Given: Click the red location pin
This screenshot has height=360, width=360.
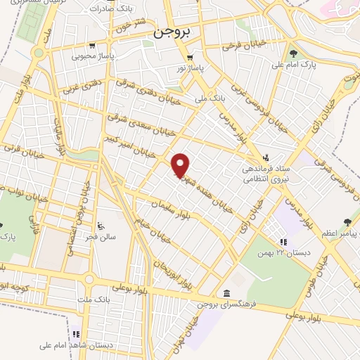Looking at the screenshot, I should coord(181,165).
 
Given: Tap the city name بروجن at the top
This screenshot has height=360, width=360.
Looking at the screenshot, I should coord(172,32).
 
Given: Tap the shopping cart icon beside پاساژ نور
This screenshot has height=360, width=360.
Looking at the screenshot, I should coord(189,58).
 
